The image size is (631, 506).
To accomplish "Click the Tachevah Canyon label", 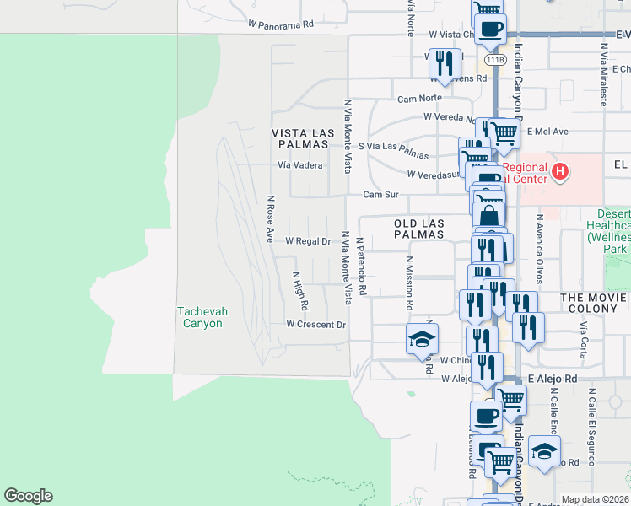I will point(200,317).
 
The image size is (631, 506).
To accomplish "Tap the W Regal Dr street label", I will point(307,241).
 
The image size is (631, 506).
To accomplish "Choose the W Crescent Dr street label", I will point(316,325).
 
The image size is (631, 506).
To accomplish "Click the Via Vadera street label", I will point(300,165).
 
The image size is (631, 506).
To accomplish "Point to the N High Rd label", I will point(299,289).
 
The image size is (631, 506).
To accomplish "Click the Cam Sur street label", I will point(380,195).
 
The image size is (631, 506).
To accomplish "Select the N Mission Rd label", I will point(410,283).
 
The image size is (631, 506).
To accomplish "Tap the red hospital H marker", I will point(559,174).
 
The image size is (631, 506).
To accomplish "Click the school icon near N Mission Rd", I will point(422,339).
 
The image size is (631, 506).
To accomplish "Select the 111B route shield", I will point(495,60).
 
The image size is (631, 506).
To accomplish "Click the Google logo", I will point(28,496).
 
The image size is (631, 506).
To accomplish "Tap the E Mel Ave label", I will point(547,132).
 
